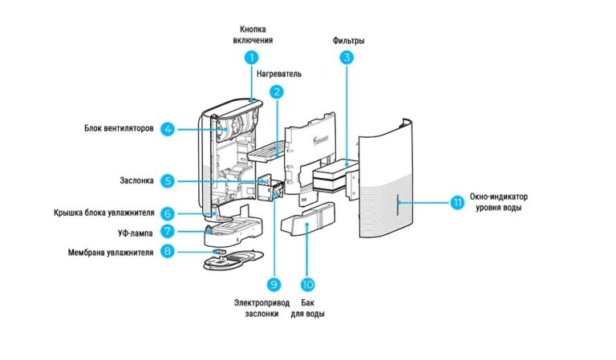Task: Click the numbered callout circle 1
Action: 252,57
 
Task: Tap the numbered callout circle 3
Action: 346,57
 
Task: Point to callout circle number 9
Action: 274,285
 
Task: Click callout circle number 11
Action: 457,203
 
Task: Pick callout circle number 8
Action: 167,251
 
